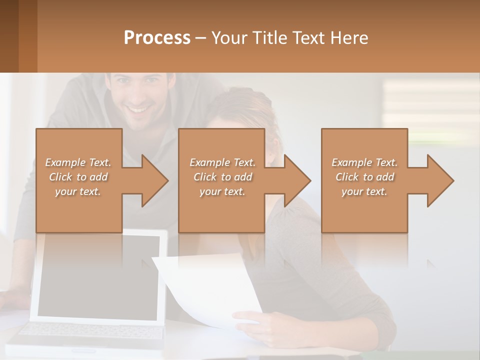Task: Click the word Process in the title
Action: pos(157,38)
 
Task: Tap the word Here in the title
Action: pos(349,38)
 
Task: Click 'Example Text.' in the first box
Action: pos(78,162)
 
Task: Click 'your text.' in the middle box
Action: pos(222,191)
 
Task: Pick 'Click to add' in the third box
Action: pos(364,177)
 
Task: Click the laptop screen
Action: pos(100,275)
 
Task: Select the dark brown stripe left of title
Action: pos(9,36)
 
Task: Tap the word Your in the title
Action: pos(229,38)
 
